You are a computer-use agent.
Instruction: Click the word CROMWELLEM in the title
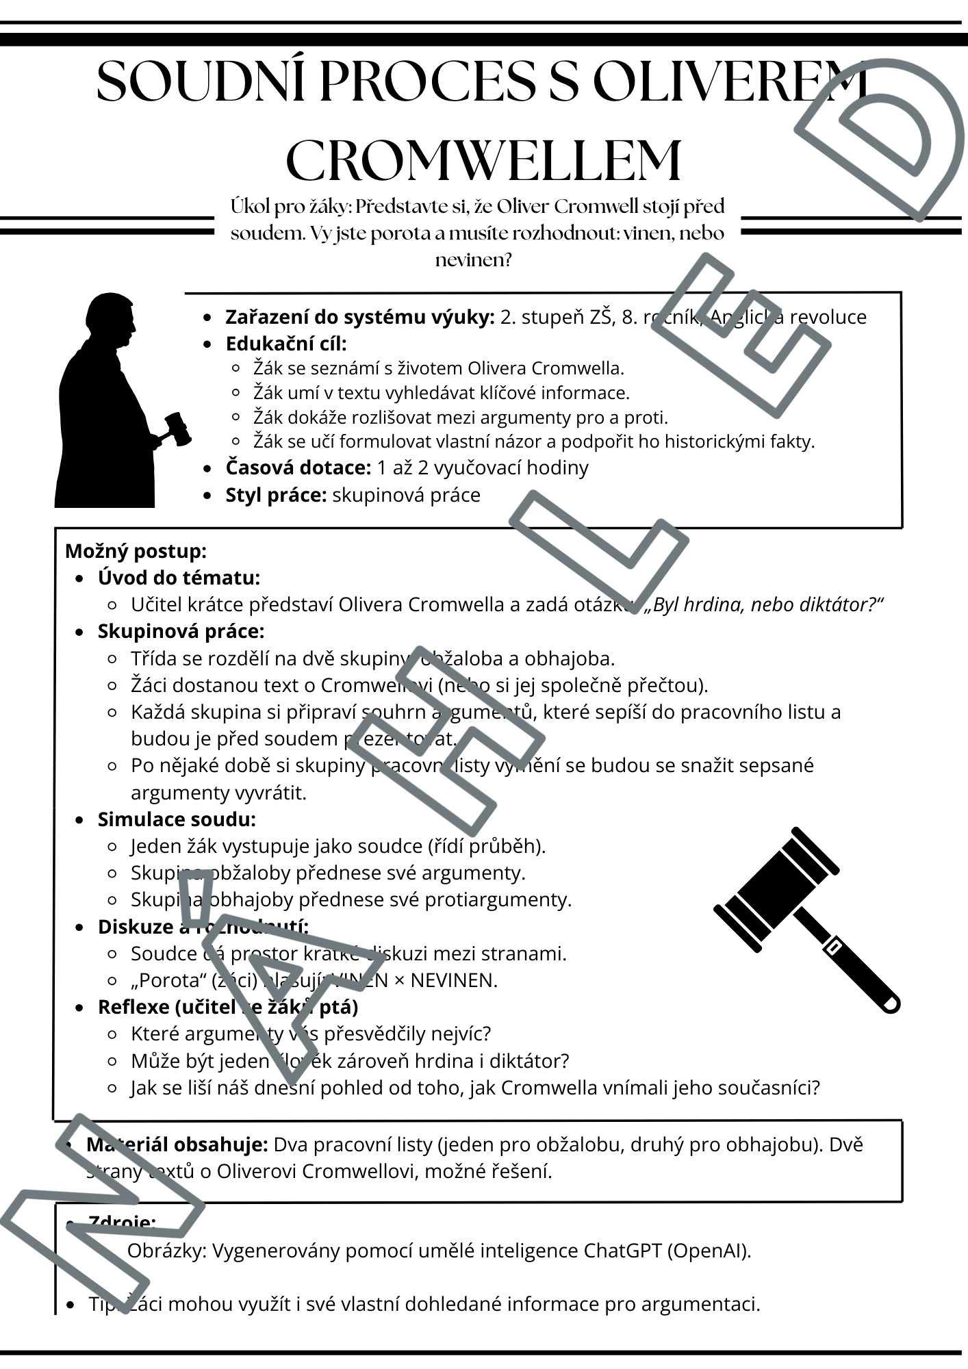tap(483, 162)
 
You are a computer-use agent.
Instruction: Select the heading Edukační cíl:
tap(286, 344)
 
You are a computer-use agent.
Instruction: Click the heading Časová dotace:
tap(298, 468)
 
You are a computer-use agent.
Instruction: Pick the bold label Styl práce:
tap(276, 495)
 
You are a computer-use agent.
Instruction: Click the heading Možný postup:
tap(136, 551)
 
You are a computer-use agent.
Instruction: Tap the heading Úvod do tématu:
tap(179, 578)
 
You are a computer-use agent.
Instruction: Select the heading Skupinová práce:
tap(181, 631)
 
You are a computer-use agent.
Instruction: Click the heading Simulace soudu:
tap(177, 819)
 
